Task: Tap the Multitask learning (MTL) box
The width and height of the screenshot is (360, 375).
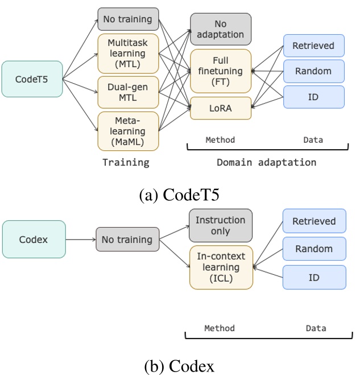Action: click(x=128, y=53)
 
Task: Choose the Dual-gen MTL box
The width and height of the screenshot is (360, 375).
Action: click(x=128, y=92)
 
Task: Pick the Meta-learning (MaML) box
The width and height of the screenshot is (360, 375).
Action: click(x=128, y=131)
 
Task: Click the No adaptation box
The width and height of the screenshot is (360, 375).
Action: click(x=221, y=29)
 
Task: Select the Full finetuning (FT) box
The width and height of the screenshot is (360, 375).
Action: click(x=221, y=71)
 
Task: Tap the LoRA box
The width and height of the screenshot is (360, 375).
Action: click(x=221, y=108)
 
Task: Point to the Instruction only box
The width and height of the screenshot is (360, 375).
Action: click(x=221, y=225)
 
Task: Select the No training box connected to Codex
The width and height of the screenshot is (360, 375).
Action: click(x=127, y=240)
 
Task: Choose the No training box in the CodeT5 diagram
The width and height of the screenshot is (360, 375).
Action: click(x=128, y=19)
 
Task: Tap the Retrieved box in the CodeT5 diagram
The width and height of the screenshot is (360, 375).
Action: click(x=314, y=46)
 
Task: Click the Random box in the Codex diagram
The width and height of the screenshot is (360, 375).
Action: click(x=314, y=249)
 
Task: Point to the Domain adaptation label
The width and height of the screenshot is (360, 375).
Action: click(x=266, y=162)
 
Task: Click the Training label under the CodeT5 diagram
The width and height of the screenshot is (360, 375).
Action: click(x=126, y=162)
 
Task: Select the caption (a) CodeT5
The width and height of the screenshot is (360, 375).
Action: click(x=180, y=195)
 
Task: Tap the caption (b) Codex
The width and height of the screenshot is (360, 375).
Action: click(x=180, y=366)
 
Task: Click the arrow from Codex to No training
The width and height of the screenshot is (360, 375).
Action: click(x=80, y=240)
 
